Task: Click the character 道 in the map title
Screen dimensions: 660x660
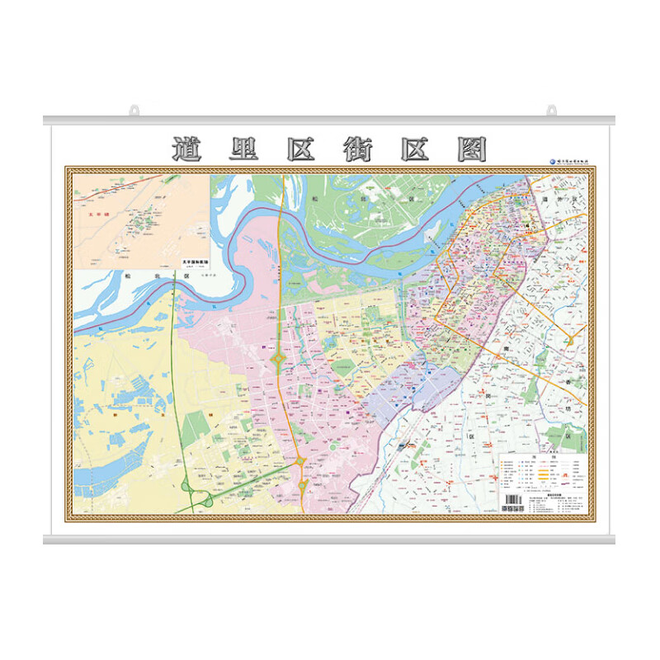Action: coord(189,149)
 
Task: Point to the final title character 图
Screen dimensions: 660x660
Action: coord(471,149)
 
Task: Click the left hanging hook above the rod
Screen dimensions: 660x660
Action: coord(133,110)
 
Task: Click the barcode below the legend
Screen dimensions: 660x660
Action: coord(512,501)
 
